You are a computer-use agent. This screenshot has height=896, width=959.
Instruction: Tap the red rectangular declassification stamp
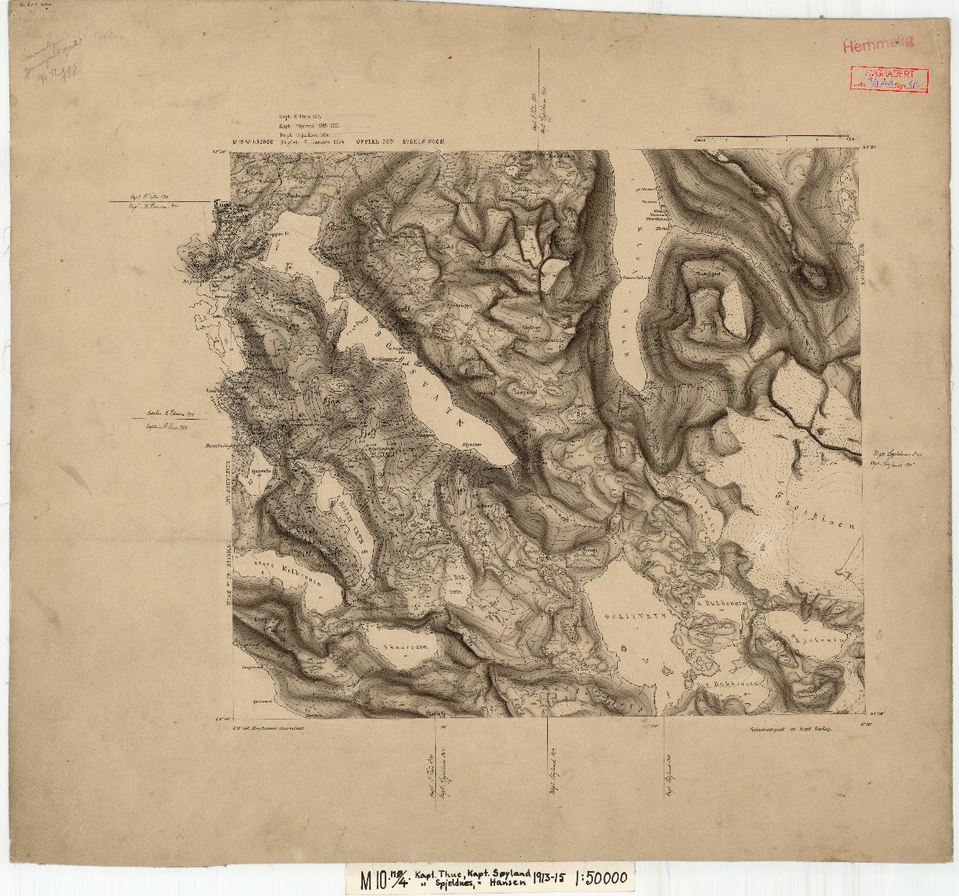888,79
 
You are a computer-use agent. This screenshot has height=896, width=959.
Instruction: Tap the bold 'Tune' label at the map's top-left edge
221,204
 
